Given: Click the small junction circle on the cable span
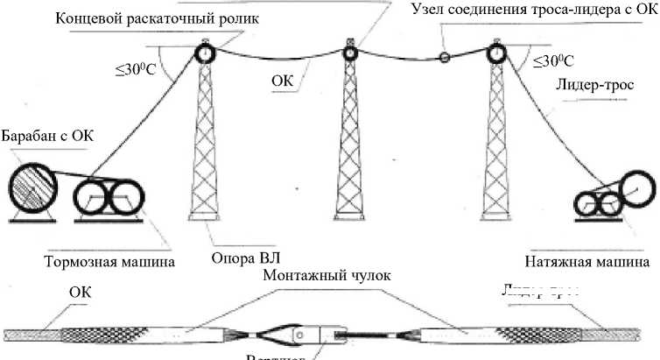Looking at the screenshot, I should [445, 59].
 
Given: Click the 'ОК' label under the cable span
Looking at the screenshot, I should [282, 81].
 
